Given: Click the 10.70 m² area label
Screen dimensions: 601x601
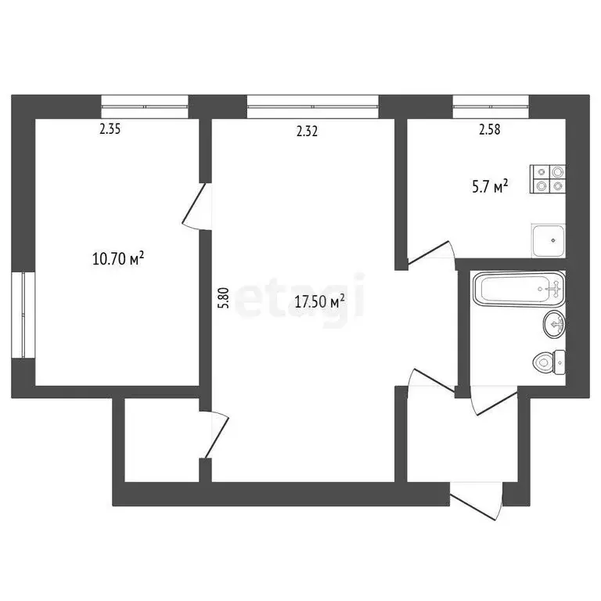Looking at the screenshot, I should tap(117, 259).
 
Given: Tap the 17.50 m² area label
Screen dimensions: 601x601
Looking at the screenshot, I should tap(319, 301).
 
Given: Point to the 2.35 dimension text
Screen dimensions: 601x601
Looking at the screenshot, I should tap(110, 131).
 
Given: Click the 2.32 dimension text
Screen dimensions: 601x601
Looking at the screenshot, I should tap(307, 131).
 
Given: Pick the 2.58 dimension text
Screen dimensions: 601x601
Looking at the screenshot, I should tap(490, 131).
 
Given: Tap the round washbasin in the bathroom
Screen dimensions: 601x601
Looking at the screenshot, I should tap(554, 322).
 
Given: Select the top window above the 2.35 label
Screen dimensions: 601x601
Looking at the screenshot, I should tap(146, 105).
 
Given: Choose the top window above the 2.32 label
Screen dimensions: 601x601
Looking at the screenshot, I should tap(312, 105).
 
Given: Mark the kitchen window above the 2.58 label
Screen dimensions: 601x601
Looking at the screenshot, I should tap(490, 105).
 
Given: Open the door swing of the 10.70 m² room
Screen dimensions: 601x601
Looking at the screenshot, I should tap(196, 207).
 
